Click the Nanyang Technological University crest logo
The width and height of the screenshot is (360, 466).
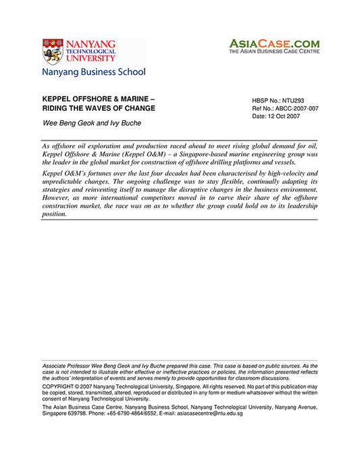53,51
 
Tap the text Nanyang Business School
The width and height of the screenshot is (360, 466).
94,72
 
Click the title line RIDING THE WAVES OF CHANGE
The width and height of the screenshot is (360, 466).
99,108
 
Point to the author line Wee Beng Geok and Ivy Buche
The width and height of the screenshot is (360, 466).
93,123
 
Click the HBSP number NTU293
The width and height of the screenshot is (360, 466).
289,100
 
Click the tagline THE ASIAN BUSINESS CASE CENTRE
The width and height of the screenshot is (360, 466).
274,51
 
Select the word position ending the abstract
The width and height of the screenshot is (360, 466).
54,214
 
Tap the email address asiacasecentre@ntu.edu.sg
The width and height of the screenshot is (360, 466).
210,413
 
